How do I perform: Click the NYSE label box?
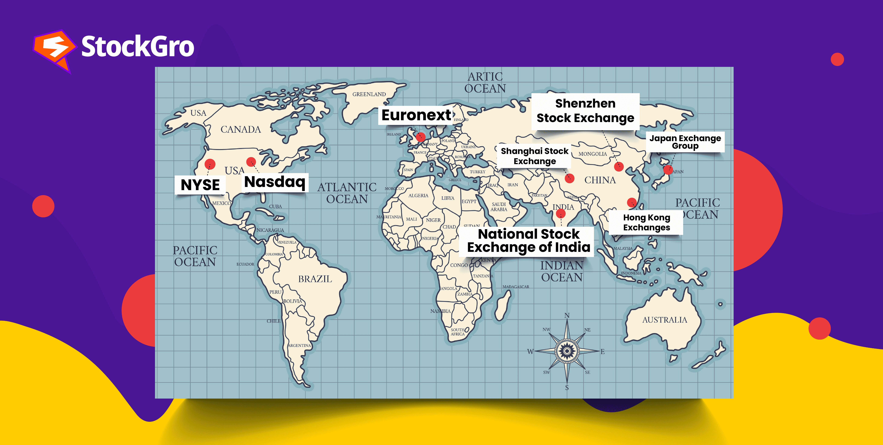point(200,185)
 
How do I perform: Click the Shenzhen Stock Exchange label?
point(585,111)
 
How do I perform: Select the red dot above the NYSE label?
point(210,164)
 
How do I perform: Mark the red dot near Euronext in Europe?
point(421,137)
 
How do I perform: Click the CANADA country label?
point(241,129)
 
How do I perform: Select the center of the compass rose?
point(567,351)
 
